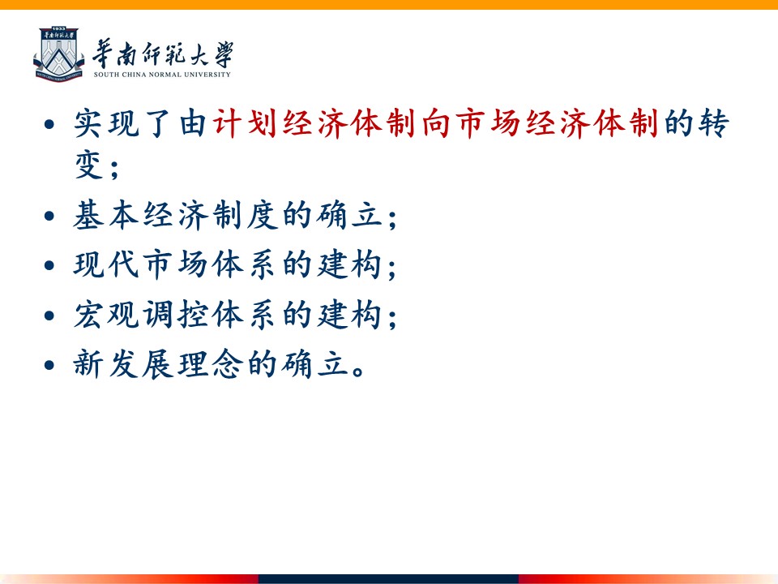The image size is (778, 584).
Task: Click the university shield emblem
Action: [59, 54]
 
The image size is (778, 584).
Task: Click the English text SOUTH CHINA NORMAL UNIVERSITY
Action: [162, 75]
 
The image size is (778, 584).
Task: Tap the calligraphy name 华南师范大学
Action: [163, 54]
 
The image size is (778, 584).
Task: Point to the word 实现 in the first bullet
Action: [106, 122]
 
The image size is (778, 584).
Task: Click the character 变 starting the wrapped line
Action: [89, 165]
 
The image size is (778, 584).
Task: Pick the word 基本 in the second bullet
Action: [106, 215]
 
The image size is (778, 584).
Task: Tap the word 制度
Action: [245, 215]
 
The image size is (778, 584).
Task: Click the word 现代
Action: [106, 264]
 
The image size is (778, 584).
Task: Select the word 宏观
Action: [106, 315]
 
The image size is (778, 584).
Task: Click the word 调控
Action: [176, 315]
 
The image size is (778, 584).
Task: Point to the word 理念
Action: [211, 364]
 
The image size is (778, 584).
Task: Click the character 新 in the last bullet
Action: [88, 364]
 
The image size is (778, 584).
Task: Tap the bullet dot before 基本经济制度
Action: [49, 216]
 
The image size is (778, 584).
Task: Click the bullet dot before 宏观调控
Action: [49, 316]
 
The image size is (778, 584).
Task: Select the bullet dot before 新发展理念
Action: [49, 366]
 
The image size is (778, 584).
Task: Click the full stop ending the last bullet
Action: [357, 371]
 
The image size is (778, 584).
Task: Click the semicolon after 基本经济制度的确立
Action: [392, 219]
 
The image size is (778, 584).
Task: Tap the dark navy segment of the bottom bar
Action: [388, 579]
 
